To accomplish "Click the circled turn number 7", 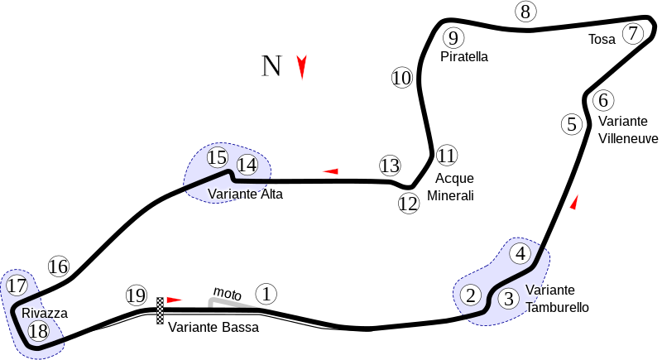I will tap(633, 34).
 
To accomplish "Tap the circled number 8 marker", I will tap(525, 12).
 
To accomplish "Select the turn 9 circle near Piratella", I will tap(452, 37).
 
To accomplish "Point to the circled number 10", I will tap(402, 79).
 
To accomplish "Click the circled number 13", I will tap(390, 166).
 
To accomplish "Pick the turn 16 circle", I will tap(58, 266).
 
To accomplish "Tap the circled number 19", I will tap(137, 295).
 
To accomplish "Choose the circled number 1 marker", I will tap(266, 293).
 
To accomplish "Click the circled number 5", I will tap(572, 125).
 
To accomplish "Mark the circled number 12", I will tap(409, 204).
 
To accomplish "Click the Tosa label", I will tap(602, 39).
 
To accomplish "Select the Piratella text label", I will tap(464, 57).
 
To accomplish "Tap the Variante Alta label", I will tap(245, 194).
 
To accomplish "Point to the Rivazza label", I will tap(45, 314).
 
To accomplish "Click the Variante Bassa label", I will tap(213, 327).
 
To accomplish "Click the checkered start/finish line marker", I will tap(160, 310).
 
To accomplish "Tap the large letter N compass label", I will tap(272, 65).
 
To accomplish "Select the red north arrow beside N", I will tap(302, 67).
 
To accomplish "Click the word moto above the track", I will tap(227, 293).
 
